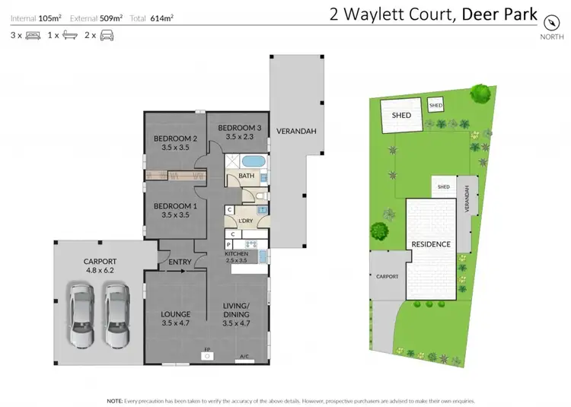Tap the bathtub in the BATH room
[253, 161]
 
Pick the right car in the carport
[118, 314]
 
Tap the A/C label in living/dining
[244, 355]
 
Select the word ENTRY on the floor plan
[180, 262]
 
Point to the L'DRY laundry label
[245, 221]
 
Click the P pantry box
[229, 244]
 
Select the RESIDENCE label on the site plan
[431, 244]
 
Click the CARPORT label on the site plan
[387, 276]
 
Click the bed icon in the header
[33, 35]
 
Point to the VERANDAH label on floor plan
[296, 130]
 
